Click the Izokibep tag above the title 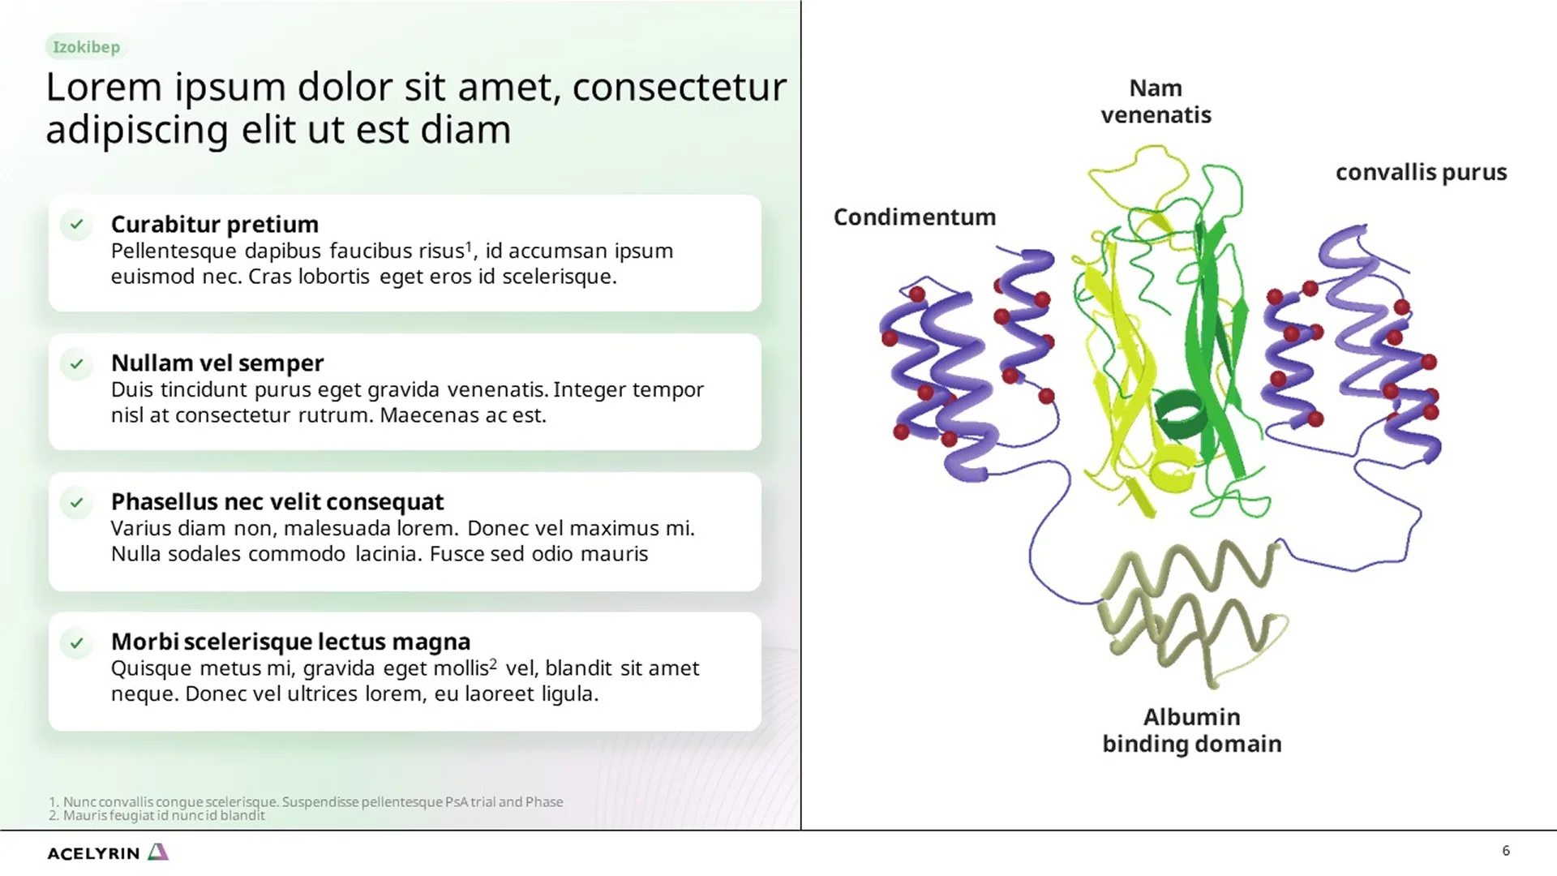(x=86, y=47)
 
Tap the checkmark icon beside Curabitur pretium (x=76, y=225)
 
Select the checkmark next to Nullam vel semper (x=76, y=364)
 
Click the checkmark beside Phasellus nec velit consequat (x=76, y=503)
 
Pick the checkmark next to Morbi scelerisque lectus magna (x=76, y=643)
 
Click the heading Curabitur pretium (x=214, y=224)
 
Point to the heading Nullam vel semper (x=217, y=363)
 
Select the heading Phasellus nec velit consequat (x=277, y=502)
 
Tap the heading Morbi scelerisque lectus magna (x=290, y=642)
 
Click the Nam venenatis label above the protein (x=1156, y=101)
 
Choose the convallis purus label (x=1421, y=173)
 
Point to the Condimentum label (x=914, y=217)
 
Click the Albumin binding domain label (x=1191, y=730)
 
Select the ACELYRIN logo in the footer (x=107, y=852)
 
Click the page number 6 (x=1506, y=851)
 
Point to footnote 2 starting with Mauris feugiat (x=157, y=816)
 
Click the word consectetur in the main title (x=679, y=88)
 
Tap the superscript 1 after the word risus (x=468, y=245)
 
